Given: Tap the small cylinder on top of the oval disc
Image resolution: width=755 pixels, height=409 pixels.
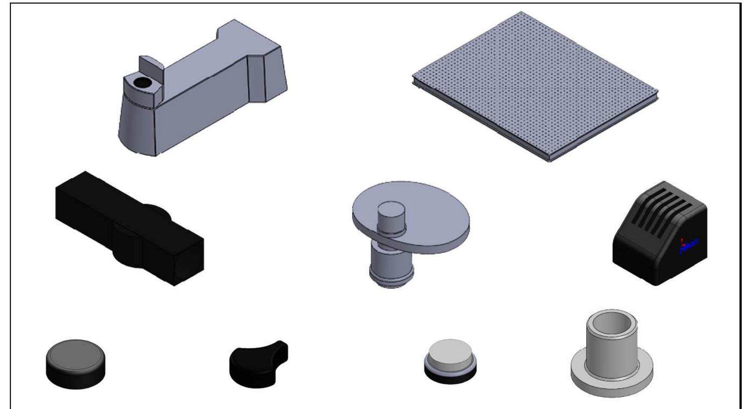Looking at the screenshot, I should point(391,216).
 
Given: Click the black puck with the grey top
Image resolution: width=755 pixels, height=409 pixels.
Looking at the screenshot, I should point(75,364).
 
